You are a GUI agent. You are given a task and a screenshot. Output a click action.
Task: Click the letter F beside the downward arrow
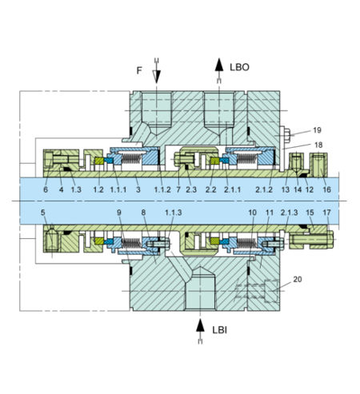(139, 70)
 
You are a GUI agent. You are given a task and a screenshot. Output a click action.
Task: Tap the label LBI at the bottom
(221, 328)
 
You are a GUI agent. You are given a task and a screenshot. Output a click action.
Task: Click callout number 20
(298, 280)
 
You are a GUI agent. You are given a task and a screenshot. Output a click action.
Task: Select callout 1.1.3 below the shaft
(172, 213)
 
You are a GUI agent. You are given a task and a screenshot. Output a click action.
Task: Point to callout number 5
(44, 213)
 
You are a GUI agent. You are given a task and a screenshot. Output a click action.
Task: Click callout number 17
(327, 213)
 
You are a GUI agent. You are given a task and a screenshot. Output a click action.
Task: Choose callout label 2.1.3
(290, 213)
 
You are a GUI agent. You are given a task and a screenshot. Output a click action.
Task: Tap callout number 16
(327, 189)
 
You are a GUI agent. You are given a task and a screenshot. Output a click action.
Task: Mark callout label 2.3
(190, 189)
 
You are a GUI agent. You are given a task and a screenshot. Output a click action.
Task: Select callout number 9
(119, 213)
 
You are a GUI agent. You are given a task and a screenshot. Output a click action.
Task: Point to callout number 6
(46, 189)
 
